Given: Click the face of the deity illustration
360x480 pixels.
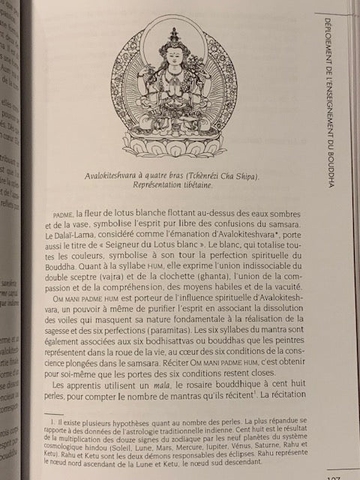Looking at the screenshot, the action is click(x=175, y=58).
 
